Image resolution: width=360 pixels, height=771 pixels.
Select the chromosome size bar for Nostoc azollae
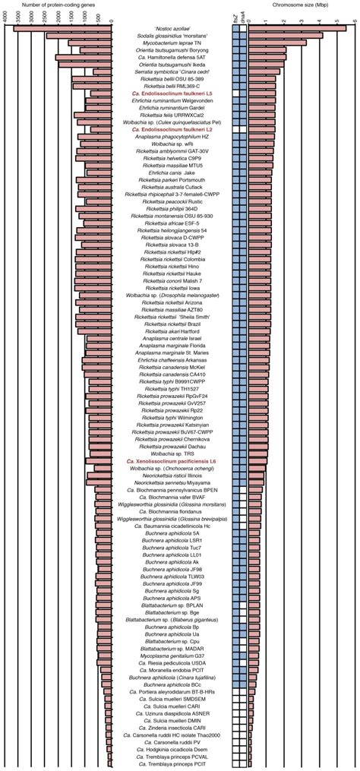point(296,27)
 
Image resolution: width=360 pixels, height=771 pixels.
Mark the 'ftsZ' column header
point(236,19)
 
